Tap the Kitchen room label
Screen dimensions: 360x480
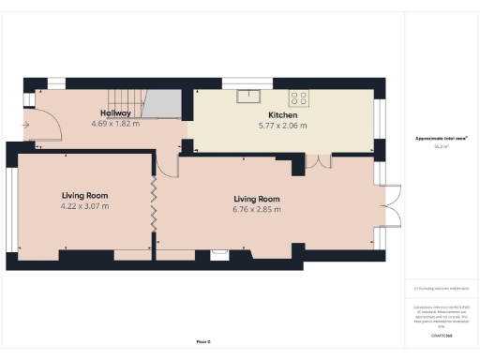pyautogui.click(x=282, y=115)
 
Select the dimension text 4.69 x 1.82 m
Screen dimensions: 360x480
pyautogui.click(x=116, y=124)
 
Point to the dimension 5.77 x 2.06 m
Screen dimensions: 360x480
pyautogui.click(x=282, y=126)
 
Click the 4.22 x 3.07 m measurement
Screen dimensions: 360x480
pyautogui.click(x=84, y=206)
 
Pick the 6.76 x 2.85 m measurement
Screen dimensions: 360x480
pyautogui.click(x=257, y=209)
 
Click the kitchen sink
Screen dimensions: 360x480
pyautogui.click(x=249, y=95)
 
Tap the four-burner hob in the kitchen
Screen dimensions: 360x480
pyautogui.click(x=299, y=96)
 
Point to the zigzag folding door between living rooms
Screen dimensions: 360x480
pyautogui.click(x=153, y=202)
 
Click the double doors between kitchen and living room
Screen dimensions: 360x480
pyautogui.click(x=319, y=161)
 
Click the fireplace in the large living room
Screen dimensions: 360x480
pyautogui.click(x=220, y=251)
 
